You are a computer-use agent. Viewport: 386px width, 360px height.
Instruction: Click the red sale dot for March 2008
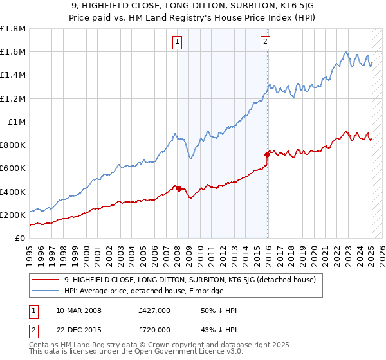coord(179,188)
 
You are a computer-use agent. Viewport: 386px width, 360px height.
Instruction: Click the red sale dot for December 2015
coord(268,154)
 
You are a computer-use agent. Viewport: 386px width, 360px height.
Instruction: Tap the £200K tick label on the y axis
coord(13,215)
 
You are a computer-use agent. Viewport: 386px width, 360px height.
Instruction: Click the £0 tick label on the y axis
coord(21,238)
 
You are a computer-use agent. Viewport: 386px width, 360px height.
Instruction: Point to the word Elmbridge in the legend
coord(203,291)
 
